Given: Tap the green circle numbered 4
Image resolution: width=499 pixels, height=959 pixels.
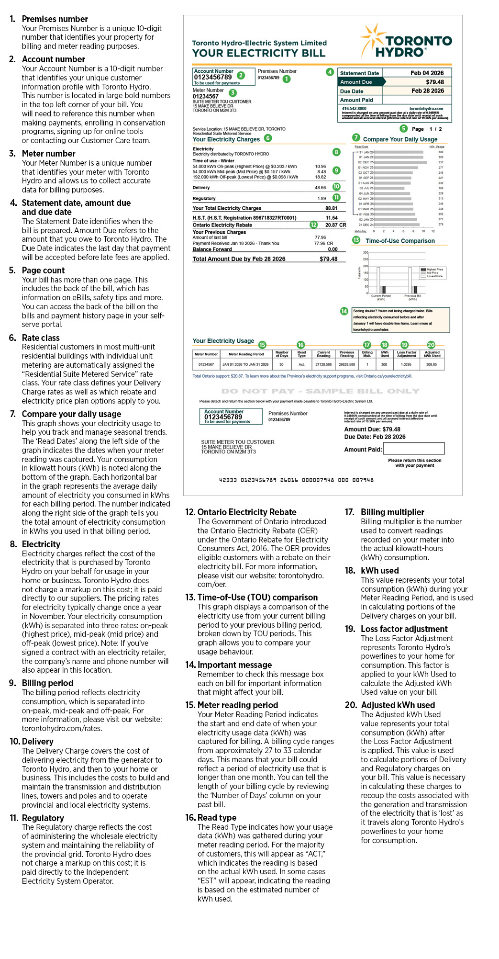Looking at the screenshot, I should pyautogui.click(x=330, y=72).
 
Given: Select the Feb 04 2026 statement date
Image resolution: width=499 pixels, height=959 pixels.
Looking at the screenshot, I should pyautogui.click(x=427, y=73).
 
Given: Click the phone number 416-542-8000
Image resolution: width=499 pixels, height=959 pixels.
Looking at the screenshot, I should pyautogui.click(x=354, y=109).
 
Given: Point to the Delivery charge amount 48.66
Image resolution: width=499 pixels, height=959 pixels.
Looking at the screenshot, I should pyautogui.click(x=320, y=188).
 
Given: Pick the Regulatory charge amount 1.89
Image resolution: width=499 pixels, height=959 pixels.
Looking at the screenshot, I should pyautogui.click(x=322, y=198).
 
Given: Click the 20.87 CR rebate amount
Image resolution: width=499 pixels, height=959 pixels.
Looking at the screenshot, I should pyautogui.click(x=335, y=225).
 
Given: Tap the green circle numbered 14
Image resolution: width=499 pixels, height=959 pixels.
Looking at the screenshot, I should pyautogui.click(x=344, y=311).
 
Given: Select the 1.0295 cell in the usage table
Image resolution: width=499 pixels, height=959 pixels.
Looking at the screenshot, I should pyautogui.click(x=406, y=364).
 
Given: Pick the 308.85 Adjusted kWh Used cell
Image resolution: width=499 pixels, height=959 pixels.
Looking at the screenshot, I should pyautogui.click(x=432, y=364).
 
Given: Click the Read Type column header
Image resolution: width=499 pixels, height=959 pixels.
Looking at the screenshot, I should pyautogui.click(x=301, y=354).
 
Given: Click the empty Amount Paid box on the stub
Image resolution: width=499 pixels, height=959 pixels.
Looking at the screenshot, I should pyautogui.click(x=414, y=449).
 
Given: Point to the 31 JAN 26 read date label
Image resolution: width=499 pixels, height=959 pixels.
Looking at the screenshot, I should pyautogui.click(x=366, y=152).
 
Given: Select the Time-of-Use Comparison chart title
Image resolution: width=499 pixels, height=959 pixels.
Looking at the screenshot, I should pyautogui.click(x=400, y=241).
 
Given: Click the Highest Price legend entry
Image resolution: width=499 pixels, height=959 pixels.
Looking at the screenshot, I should pyautogui.click(x=434, y=270).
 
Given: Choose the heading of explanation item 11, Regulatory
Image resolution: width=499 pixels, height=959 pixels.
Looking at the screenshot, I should pyautogui.click(x=43, y=818).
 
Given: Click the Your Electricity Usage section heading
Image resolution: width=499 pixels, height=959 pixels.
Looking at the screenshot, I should pyautogui.click(x=223, y=341).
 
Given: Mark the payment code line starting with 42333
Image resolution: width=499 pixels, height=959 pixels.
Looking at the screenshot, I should pyautogui.click(x=296, y=480).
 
